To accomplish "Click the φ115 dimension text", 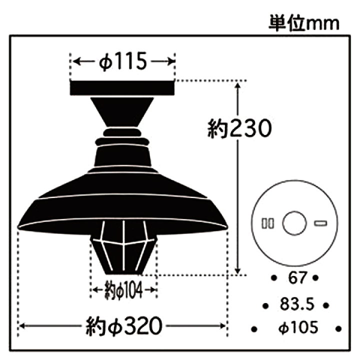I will [x=122, y=62].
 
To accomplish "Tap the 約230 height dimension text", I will [x=239, y=129].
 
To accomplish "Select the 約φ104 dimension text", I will [x=123, y=289].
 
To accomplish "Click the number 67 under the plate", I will [x=294, y=277].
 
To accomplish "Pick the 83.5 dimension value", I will [x=294, y=303].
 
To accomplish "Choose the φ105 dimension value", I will [x=297, y=327].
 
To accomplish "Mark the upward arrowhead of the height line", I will [x=240, y=85].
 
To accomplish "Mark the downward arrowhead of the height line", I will [x=240, y=270].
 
